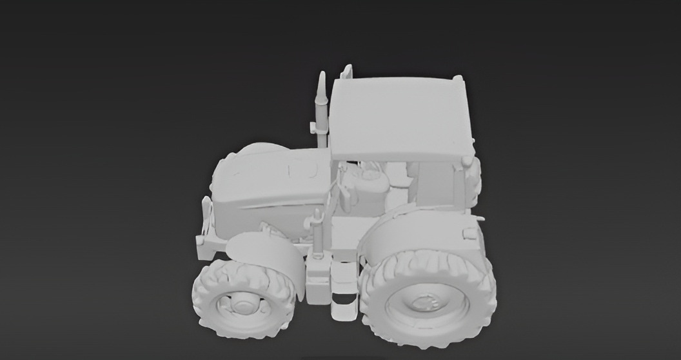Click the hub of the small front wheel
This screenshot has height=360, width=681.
[243, 302]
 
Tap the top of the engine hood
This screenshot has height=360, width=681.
[271, 171]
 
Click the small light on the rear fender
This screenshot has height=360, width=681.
[470, 233]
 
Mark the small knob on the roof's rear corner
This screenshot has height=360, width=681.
[458, 78]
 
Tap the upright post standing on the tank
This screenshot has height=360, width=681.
[317, 232]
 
